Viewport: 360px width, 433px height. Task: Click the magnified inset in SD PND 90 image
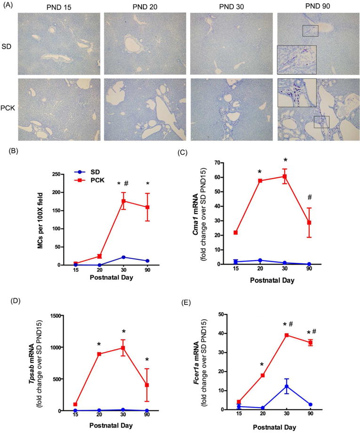296,60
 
